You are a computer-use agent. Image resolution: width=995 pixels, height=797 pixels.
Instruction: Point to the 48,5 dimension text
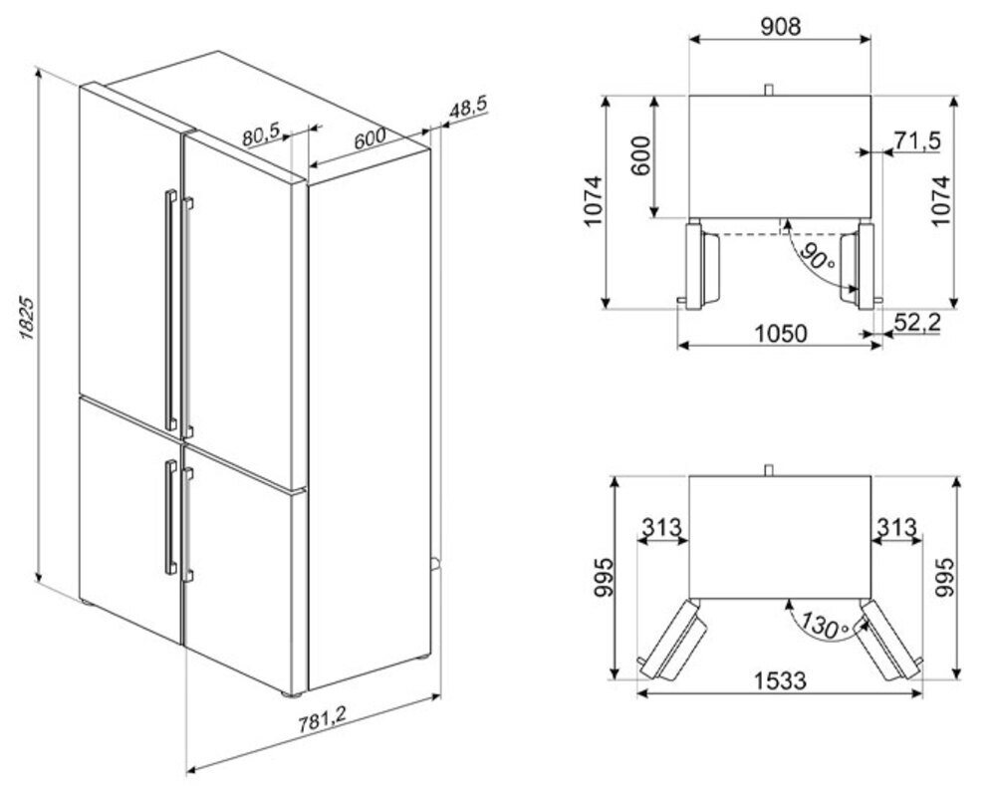[x=468, y=108]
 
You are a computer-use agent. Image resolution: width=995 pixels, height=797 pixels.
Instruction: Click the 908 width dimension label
[x=780, y=26]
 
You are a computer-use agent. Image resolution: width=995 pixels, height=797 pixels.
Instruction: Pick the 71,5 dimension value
[x=917, y=140]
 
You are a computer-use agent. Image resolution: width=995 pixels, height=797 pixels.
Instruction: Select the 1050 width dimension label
[x=781, y=333]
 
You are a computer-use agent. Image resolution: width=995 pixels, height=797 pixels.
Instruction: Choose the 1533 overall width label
[x=780, y=680]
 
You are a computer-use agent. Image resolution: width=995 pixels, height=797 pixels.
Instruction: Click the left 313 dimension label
[x=661, y=527]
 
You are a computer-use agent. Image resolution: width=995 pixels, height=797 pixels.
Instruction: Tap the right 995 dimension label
[x=945, y=577]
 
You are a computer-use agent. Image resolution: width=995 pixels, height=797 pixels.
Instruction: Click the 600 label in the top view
[x=641, y=156]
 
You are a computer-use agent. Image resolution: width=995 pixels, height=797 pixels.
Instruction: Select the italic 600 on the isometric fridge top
[x=370, y=138]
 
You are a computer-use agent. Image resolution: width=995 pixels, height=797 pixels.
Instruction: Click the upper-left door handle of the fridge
[x=170, y=310]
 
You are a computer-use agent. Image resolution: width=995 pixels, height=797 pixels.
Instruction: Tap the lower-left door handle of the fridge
[x=170, y=517]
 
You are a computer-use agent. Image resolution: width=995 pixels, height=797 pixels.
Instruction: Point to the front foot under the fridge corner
[x=292, y=694]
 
